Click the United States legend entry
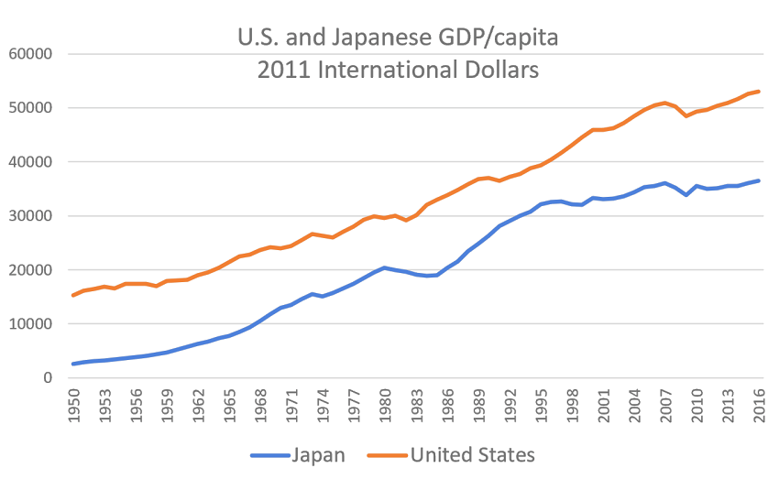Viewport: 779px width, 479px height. [471, 454]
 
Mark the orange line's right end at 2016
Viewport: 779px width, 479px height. [760, 92]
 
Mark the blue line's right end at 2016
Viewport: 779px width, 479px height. [760, 180]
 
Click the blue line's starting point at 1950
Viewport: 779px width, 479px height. [73, 364]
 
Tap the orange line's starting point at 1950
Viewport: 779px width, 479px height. [73, 295]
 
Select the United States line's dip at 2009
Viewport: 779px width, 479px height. [686, 115]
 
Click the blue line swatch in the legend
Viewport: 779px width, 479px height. [267, 455]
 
